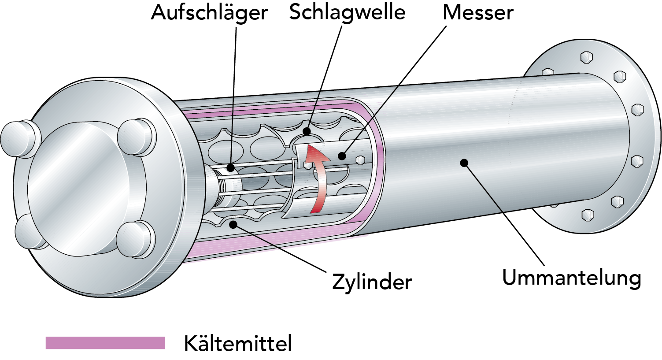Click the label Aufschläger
(209, 13)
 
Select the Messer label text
(478, 12)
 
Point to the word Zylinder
(372, 282)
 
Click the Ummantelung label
(571, 278)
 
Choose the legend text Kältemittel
(238, 343)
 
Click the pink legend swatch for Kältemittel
(105, 343)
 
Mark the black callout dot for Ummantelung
(464, 163)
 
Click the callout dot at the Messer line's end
(342, 155)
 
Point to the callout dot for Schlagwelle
(307, 131)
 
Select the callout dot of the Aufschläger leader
(230, 167)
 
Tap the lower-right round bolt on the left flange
(136, 238)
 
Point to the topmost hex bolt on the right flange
(586, 57)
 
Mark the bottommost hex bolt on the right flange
(588, 215)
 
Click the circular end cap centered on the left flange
(86, 189)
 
